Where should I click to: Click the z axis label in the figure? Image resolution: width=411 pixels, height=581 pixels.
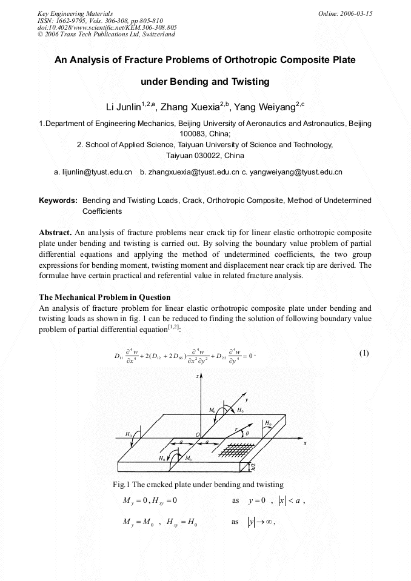(x=198, y=376)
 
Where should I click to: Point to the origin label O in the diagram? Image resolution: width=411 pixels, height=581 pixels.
(x=196, y=434)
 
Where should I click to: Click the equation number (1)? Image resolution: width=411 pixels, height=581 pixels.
(x=364, y=353)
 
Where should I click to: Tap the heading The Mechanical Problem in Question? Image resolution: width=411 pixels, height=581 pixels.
(x=104, y=297)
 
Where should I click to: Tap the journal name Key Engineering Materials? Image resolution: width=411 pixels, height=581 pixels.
(x=75, y=13)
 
